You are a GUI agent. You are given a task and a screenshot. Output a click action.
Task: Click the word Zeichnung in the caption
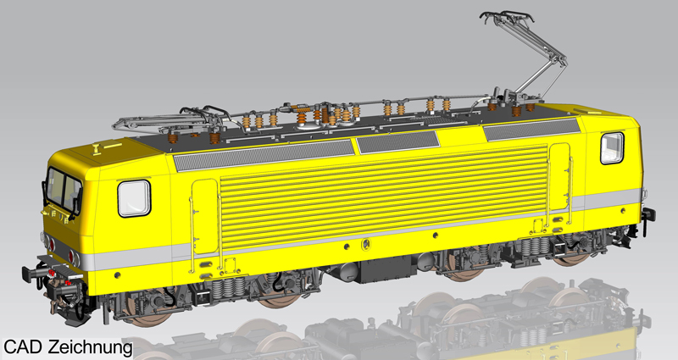pos(90,347)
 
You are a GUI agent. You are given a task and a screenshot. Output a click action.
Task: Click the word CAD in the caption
pos(23,346)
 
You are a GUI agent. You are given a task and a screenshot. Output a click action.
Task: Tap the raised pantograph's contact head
pos(506,17)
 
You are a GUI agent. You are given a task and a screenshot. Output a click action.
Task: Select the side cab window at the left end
pos(134,198)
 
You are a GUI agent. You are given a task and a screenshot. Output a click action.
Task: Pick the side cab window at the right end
pos(612,148)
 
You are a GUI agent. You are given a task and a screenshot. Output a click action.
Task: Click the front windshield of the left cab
pos(64,191)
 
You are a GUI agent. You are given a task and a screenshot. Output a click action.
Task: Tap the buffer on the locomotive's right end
pos(648,215)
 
